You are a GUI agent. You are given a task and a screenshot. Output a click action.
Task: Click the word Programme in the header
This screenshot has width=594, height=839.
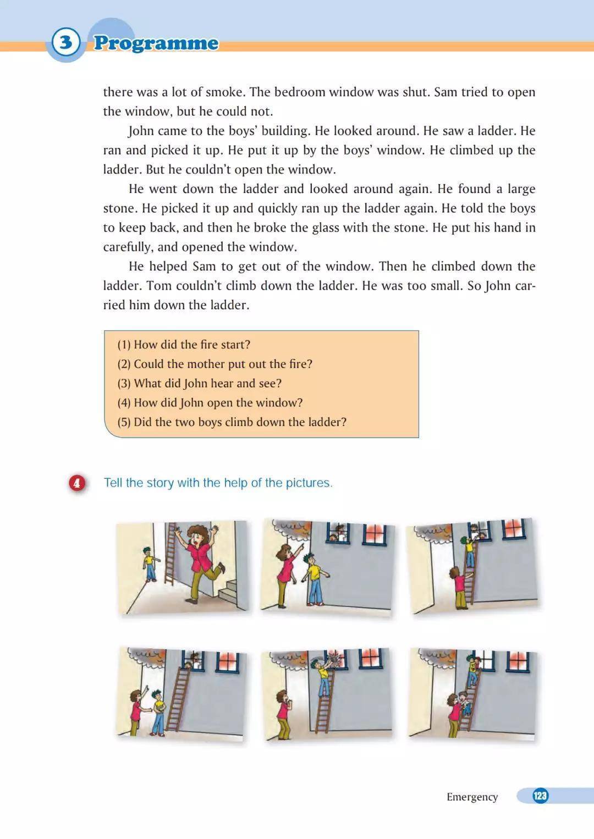click(156, 43)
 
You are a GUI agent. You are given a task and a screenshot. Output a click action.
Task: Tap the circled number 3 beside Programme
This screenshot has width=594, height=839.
click(66, 42)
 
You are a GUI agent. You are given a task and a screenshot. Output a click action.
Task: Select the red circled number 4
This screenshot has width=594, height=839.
click(77, 483)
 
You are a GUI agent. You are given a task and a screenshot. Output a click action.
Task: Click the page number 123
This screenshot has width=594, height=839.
click(540, 796)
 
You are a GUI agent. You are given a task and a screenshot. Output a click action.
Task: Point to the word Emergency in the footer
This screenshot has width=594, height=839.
click(472, 797)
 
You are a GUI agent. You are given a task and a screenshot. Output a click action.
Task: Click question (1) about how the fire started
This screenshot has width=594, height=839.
click(184, 345)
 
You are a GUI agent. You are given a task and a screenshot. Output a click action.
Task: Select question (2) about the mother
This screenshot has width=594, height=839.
click(215, 364)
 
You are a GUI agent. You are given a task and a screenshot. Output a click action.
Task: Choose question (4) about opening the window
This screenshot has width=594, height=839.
click(210, 402)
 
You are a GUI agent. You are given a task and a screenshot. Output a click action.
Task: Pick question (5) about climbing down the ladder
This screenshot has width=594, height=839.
click(232, 422)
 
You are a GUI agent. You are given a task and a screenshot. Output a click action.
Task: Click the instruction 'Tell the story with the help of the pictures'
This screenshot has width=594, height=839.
click(218, 483)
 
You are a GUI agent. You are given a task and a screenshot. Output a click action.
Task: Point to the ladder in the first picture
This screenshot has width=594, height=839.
click(170, 555)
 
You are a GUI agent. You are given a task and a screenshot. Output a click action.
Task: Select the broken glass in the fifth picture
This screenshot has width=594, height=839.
click(334, 658)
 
